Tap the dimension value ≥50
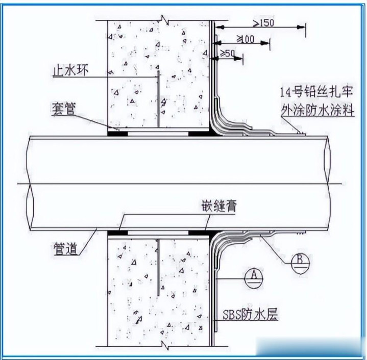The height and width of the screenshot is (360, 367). pos(228,53)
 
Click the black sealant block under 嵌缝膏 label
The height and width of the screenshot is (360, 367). pos(199,233)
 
